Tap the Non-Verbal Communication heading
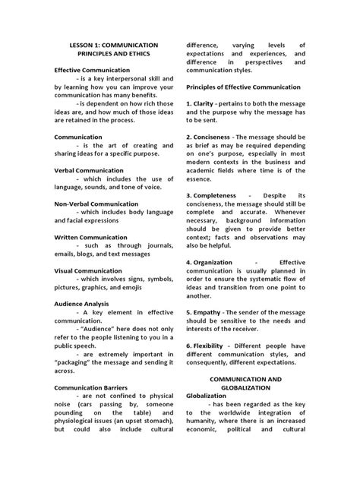coord(96,204)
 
